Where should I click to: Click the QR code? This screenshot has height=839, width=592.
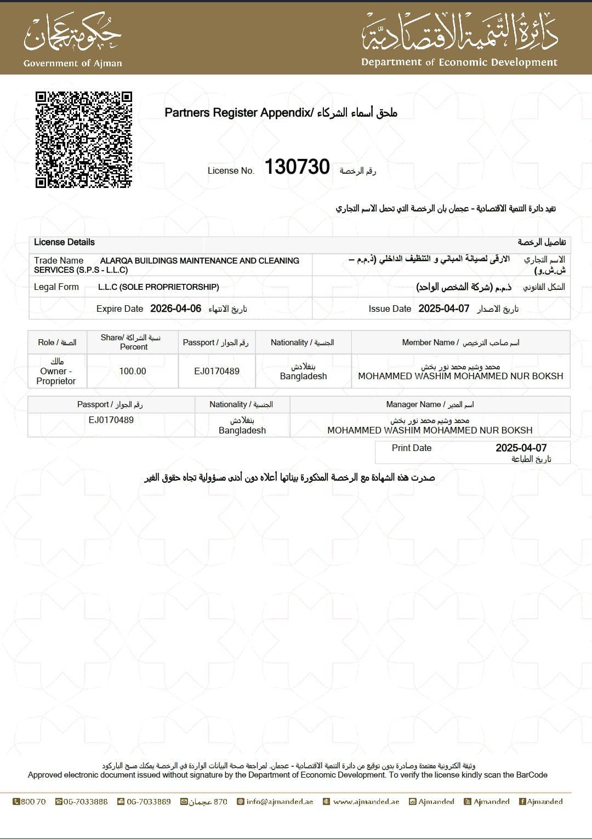(x=84, y=140)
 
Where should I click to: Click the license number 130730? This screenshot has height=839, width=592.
(x=297, y=167)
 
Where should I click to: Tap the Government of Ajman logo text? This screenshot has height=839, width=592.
(x=73, y=63)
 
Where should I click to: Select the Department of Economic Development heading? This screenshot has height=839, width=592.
(x=459, y=62)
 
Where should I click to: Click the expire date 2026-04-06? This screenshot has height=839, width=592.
(x=175, y=309)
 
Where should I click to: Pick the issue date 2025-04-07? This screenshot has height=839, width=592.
(x=444, y=309)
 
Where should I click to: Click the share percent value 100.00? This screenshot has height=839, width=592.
(x=133, y=371)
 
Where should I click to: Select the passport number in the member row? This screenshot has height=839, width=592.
(x=217, y=371)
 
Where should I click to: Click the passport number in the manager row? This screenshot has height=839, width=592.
(x=111, y=420)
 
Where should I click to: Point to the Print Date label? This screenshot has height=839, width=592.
(x=412, y=448)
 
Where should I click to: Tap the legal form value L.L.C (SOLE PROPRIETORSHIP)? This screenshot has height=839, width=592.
(x=158, y=287)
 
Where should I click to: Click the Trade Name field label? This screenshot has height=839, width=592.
(x=59, y=260)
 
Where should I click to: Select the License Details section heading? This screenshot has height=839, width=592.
(x=64, y=242)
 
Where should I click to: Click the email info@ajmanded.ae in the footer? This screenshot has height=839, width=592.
(x=280, y=802)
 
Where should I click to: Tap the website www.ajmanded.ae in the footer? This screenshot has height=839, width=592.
(x=366, y=802)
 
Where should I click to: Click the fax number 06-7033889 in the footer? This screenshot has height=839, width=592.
(x=149, y=802)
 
